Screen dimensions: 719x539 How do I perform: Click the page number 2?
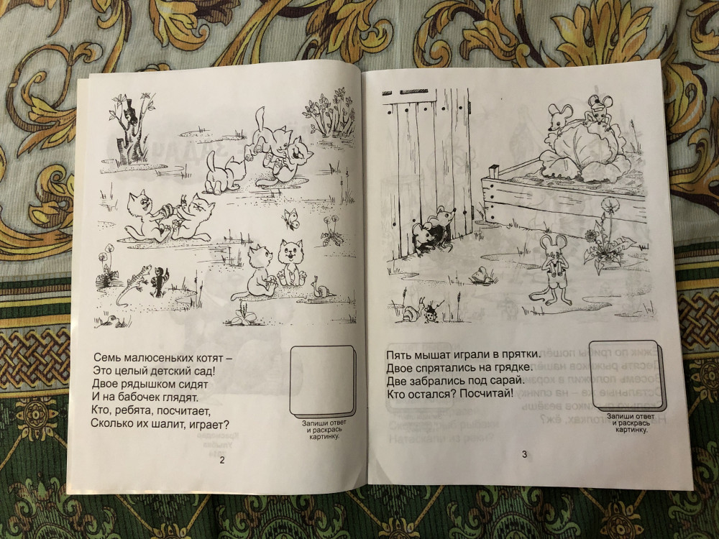[x=222, y=460]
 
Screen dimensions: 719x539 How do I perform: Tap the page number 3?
[x=525, y=454]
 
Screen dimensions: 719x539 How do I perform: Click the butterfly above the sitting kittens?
[x=290, y=218]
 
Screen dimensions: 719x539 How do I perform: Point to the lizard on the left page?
[x=132, y=284]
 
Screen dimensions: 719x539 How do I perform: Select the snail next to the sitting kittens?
[x=322, y=288]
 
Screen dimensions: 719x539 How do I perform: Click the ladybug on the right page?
[x=432, y=312]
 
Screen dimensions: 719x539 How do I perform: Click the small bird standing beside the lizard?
[x=160, y=282]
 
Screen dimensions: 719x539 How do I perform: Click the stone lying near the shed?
[x=482, y=276]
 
